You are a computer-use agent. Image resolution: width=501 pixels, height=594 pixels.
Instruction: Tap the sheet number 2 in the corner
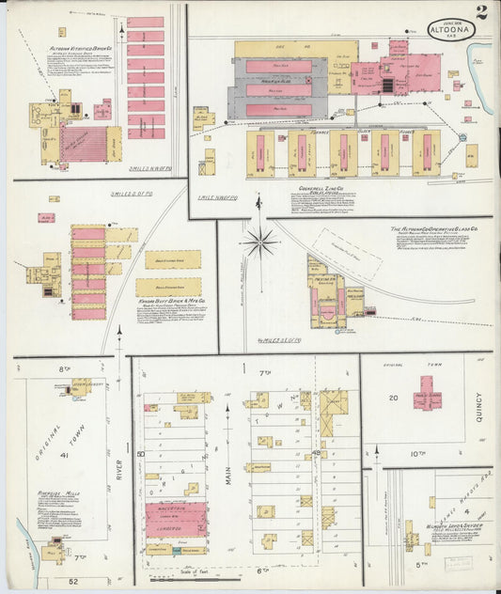tap(480, 13)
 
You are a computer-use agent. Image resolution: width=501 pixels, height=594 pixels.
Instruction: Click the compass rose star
tap(259, 242)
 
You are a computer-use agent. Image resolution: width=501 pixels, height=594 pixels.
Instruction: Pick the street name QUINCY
tap(478, 407)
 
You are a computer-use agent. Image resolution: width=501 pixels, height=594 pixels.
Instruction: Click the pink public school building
tap(428, 393)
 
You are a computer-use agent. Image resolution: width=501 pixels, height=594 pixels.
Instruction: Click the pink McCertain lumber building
tap(176, 519)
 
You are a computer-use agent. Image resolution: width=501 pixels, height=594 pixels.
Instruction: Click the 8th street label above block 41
tap(65, 369)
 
